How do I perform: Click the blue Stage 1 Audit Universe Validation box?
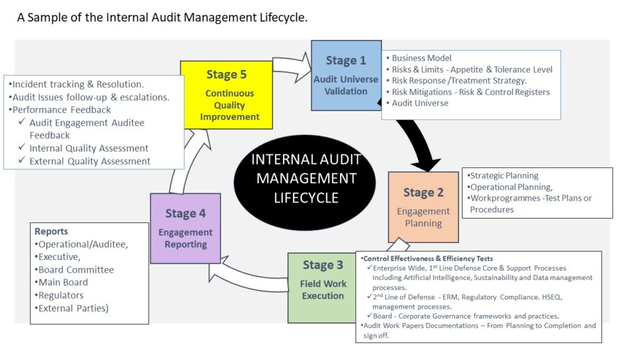[x=346, y=76]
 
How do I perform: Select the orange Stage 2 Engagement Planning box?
[x=423, y=207]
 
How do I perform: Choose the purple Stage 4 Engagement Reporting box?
[x=185, y=228]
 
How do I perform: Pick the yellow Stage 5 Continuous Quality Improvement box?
[x=226, y=94]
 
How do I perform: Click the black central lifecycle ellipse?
[x=305, y=179]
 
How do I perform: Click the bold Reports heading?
[x=51, y=231]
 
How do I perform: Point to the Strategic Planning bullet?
[x=502, y=176]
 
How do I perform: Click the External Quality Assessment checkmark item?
[x=89, y=161]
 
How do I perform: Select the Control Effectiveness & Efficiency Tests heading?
[x=427, y=259]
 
